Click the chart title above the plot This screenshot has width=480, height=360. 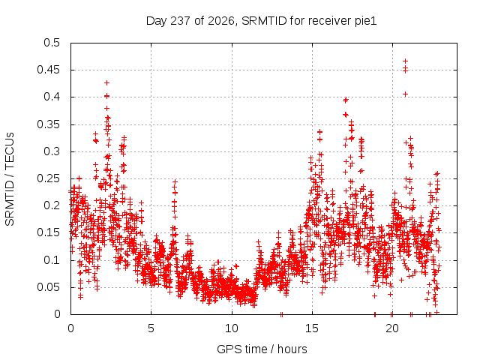(261, 21)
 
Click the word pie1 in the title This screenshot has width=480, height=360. (365, 22)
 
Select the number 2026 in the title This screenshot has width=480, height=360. (221, 21)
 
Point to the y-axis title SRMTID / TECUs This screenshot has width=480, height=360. (10, 179)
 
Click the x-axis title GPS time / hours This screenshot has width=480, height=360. (262, 349)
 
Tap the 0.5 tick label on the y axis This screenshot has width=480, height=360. (52, 43)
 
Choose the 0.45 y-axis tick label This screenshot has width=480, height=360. (48, 70)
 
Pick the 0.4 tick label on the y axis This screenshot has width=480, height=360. (52, 97)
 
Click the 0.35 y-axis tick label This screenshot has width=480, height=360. (48, 124)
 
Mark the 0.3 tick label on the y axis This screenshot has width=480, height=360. (52, 151)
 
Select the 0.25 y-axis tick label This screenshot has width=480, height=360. (48, 178)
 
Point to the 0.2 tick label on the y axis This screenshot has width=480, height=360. (52, 205)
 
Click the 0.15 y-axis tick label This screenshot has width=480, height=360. (48, 232)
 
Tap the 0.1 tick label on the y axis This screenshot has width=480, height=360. (52, 260)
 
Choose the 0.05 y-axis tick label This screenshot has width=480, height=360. (48, 287)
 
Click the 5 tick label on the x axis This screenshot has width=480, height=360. (151, 328)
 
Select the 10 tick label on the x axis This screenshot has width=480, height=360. (232, 328)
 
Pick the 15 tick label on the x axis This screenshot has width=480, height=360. (312, 328)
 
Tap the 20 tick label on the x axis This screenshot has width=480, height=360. (392, 328)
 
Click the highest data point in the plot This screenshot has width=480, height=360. (405, 61)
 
